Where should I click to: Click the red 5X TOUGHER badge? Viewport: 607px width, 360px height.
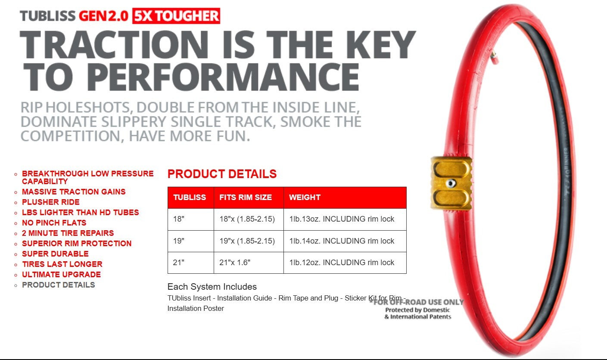[176, 16]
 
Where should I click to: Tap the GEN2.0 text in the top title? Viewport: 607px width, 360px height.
[103, 16]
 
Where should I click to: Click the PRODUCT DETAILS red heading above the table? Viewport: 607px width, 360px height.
[222, 174]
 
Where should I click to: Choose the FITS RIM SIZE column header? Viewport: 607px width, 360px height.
[246, 197]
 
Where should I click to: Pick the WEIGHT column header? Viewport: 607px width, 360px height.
[305, 197]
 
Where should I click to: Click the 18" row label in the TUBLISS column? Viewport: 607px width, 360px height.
[179, 219]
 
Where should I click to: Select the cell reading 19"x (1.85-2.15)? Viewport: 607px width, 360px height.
[247, 241]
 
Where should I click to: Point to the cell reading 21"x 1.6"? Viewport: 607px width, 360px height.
[235, 262]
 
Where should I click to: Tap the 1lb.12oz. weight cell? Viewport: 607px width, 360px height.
[342, 262]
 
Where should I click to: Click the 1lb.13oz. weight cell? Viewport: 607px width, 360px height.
[342, 219]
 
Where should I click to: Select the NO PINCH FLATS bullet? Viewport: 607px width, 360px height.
[54, 223]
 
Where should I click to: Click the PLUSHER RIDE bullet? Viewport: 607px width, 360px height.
[51, 202]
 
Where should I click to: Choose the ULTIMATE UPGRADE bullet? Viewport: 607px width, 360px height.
[61, 275]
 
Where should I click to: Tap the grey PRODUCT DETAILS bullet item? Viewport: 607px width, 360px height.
[58, 285]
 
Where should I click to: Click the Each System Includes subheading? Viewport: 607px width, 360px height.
[212, 286]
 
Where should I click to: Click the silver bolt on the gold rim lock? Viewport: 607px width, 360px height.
[451, 183]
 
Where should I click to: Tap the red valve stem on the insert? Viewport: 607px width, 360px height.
[494, 57]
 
